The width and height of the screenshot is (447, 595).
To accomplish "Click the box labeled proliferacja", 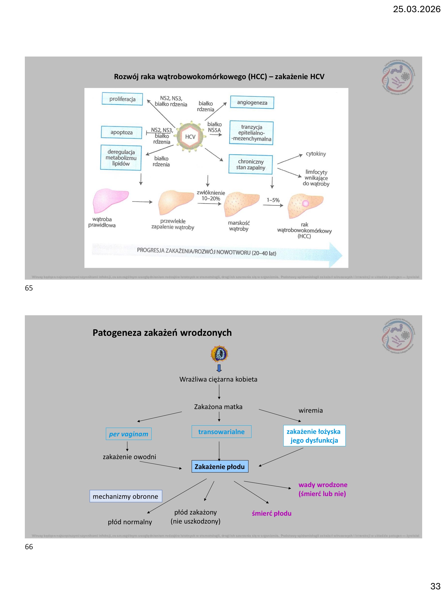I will pyautogui.click(x=122, y=99).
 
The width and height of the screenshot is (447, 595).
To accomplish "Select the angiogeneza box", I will pyautogui.click(x=252, y=103).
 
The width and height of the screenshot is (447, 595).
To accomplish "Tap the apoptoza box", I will pyautogui.click(x=121, y=132).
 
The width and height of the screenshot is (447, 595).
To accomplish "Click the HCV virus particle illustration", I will pyautogui.click(x=190, y=137).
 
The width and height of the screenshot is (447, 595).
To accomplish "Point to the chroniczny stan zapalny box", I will pyautogui.click(x=251, y=164).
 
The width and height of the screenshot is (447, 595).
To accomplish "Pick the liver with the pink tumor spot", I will pyautogui.click(x=305, y=206).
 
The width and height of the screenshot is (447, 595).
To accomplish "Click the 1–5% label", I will pyautogui.click(x=273, y=200).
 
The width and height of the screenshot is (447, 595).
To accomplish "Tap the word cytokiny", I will pyautogui.click(x=316, y=154).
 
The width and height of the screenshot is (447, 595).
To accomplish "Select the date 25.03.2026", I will pyautogui.click(x=417, y=9).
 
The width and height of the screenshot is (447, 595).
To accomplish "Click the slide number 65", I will pyautogui.click(x=29, y=288).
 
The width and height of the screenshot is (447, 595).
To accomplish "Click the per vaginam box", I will pyautogui.click(x=128, y=434).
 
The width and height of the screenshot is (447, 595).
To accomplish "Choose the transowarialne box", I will pyautogui.click(x=221, y=432).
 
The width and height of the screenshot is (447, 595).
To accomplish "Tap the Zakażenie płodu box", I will pyautogui.click(x=220, y=467).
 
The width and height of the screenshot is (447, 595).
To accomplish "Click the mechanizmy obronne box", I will pyautogui.click(x=126, y=496).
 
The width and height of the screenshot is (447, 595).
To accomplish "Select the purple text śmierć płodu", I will pyautogui.click(x=272, y=513).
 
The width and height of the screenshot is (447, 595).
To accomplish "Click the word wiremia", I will pyautogui.click(x=310, y=410).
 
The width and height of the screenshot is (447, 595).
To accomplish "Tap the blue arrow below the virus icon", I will pyautogui.click(x=219, y=368).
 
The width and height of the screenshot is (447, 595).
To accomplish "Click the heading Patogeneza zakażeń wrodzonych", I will pyautogui.click(x=162, y=333).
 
